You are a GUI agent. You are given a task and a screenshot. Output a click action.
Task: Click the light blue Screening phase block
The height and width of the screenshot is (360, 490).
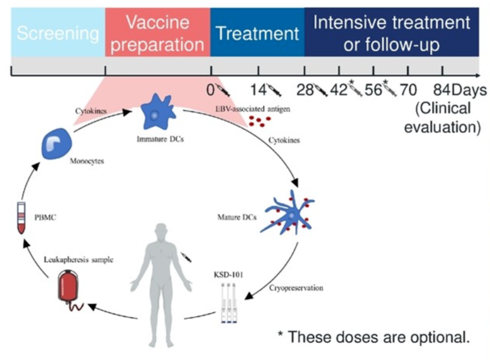tap(58, 33)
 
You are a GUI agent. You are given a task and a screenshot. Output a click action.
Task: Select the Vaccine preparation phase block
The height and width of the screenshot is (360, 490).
tap(157, 33)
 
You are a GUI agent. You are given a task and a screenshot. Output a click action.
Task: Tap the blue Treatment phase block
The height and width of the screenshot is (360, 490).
tap(257, 33)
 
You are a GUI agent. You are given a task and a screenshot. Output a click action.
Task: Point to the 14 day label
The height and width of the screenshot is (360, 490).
tap(258, 91)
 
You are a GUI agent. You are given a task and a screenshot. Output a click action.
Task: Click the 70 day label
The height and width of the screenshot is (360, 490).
tap(408, 91)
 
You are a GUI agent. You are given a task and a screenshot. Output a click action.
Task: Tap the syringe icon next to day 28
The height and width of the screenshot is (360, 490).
tap(320, 91)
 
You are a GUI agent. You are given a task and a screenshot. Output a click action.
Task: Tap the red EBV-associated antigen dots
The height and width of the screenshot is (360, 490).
tap(259, 121)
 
